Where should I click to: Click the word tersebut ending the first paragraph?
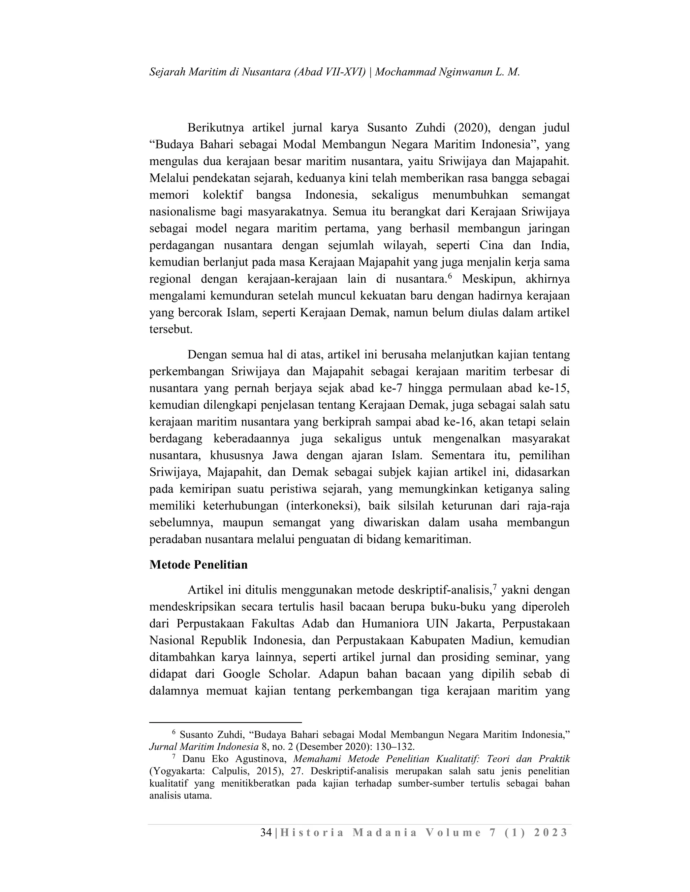(170, 330)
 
